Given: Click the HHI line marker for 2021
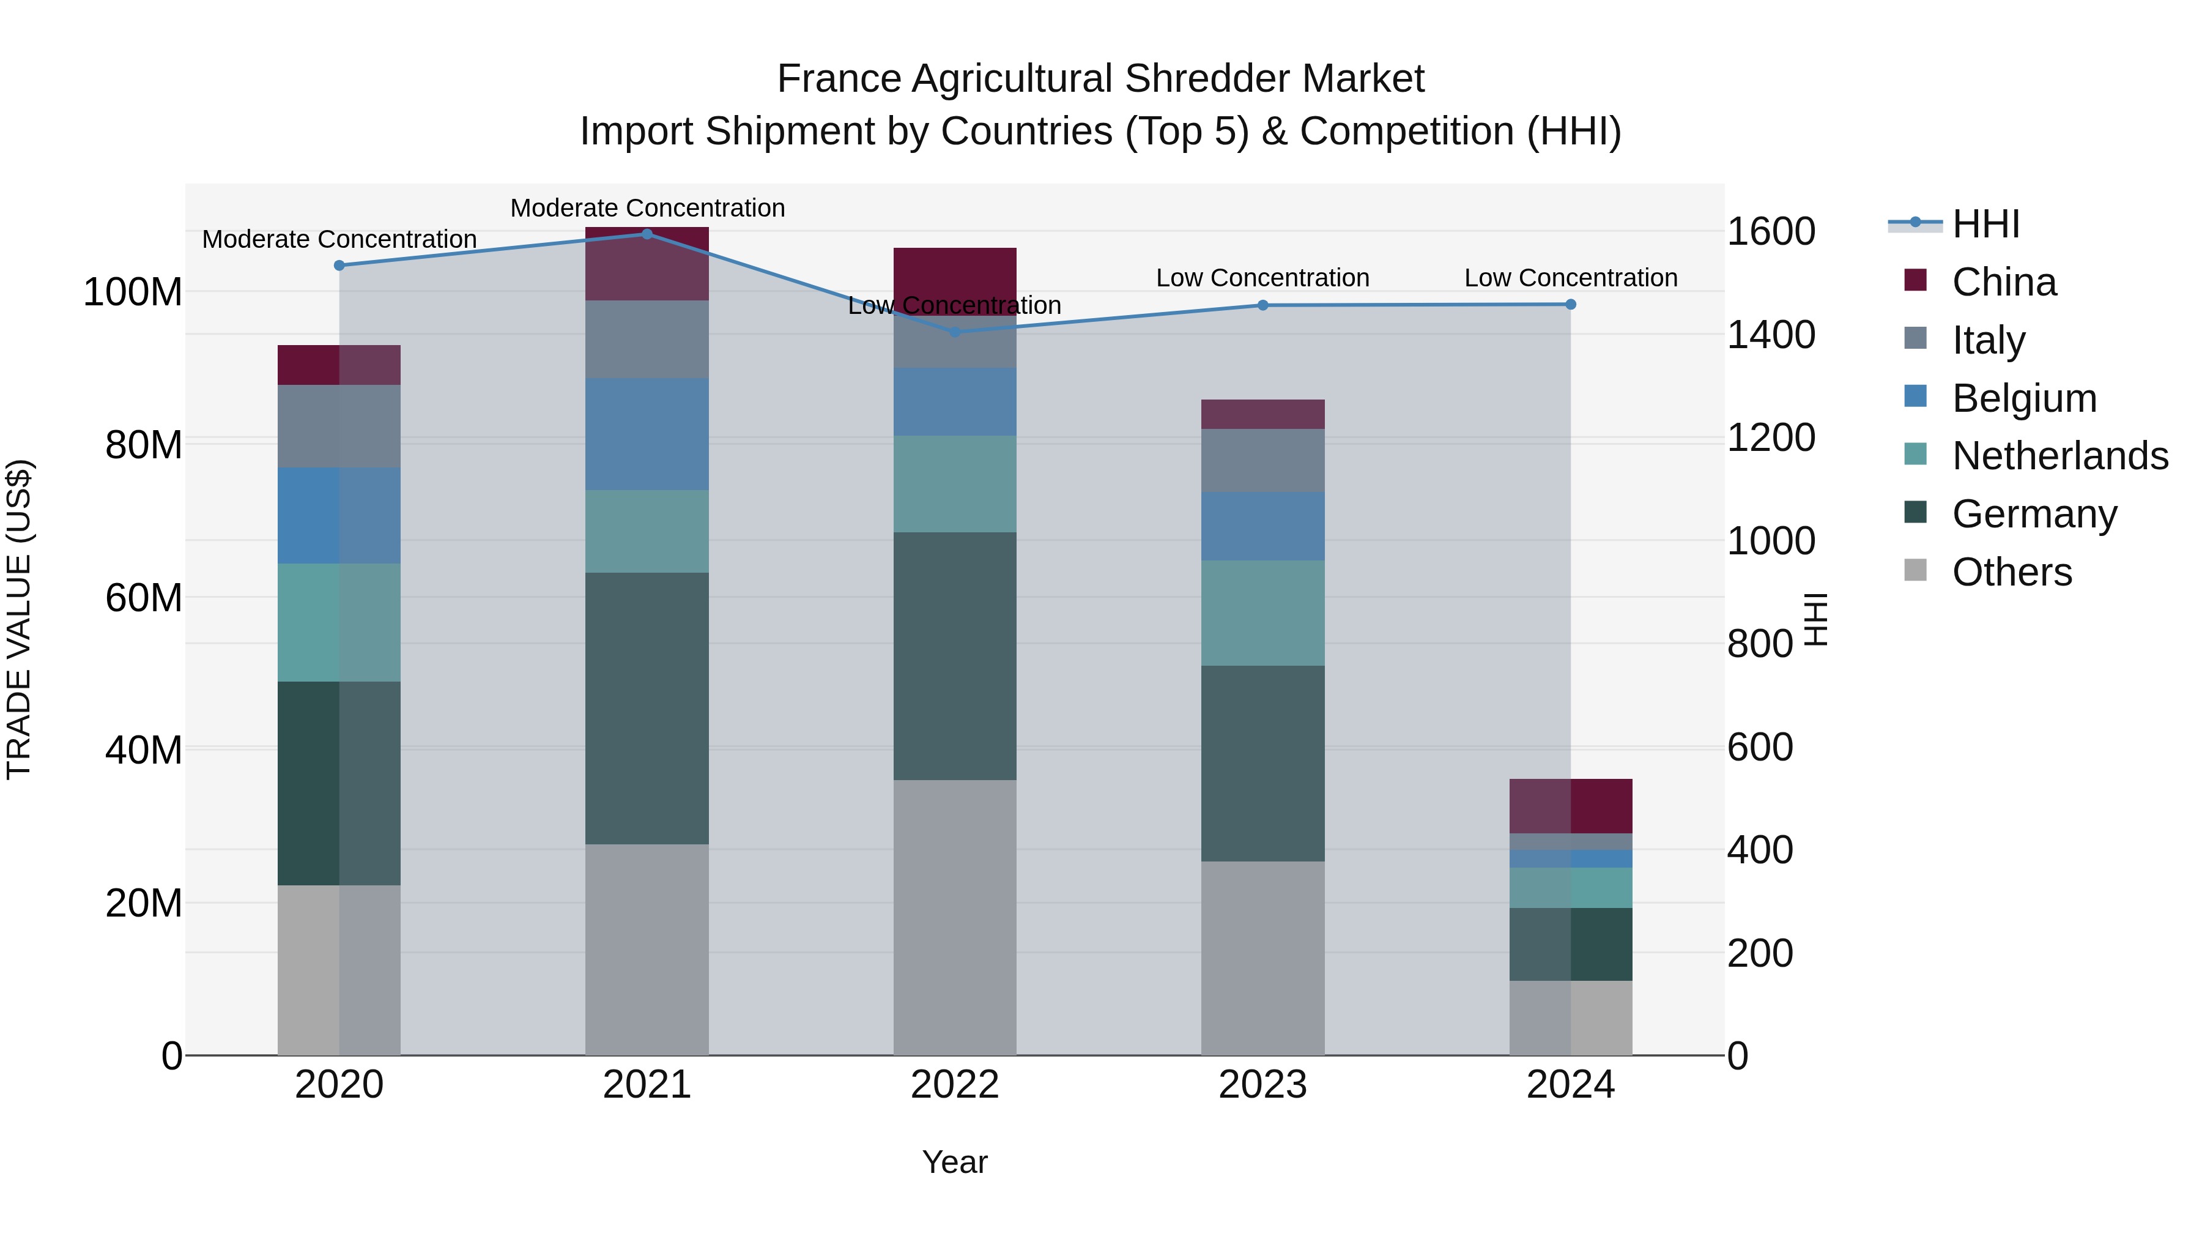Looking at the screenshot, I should [x=647, y=234].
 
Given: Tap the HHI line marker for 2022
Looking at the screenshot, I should [x=955, y=332].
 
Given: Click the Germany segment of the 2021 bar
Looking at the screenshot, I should [x=647, y=708].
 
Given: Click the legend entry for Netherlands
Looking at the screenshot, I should [x=2059, y=456].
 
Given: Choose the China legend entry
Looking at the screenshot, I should [x=2004, y=282].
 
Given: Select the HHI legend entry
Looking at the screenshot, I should [x=1985, y=224].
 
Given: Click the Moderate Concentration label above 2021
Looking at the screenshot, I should [x=647, y=208].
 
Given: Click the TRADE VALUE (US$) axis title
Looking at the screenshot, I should [x=19, y=619].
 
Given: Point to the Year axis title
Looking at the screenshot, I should [x=955, y=1162].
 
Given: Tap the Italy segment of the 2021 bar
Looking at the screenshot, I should [x=647, y=340].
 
